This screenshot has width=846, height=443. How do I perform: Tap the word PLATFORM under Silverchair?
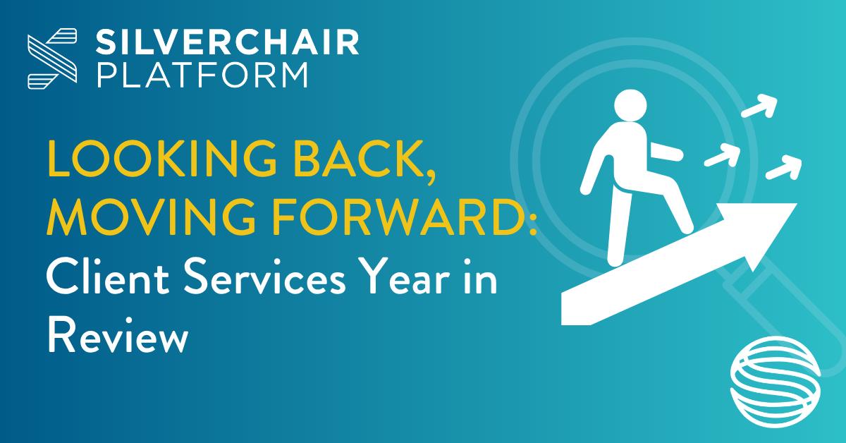tap(203, 75)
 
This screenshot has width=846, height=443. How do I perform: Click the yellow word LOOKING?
tap(162, 158)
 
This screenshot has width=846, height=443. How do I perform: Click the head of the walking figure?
tap(630, 105)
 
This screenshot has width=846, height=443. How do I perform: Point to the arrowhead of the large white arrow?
tap(767, 231)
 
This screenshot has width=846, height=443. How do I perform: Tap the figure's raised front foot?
tap(686, 226)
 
